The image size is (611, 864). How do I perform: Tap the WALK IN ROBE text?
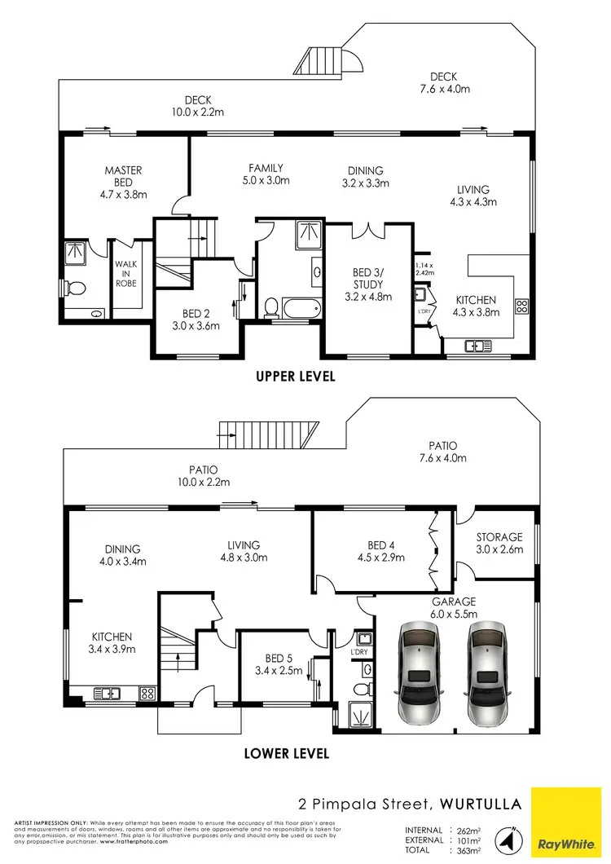click(125, 273)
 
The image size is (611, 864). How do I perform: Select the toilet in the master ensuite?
click(76, 287)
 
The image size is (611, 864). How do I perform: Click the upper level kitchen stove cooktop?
click(522, 307)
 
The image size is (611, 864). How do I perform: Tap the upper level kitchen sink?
click(474, 347)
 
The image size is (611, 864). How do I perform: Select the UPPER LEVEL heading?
click(295, 377)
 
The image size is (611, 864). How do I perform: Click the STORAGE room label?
click(499, 537)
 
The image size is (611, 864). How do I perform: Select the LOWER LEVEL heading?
click(287, 754)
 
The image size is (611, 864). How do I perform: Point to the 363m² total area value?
click(467, 850)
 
